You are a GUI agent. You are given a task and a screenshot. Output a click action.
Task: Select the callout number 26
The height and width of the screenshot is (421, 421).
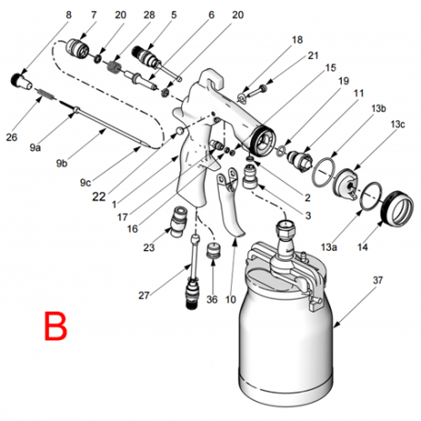12,138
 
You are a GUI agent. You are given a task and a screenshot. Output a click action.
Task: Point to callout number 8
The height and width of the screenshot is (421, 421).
67,16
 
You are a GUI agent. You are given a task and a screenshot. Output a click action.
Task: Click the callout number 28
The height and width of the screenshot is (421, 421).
148,16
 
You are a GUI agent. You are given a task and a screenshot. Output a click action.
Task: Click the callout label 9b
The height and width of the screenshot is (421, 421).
62,164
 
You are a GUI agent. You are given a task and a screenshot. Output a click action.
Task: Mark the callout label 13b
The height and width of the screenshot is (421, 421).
378,108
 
